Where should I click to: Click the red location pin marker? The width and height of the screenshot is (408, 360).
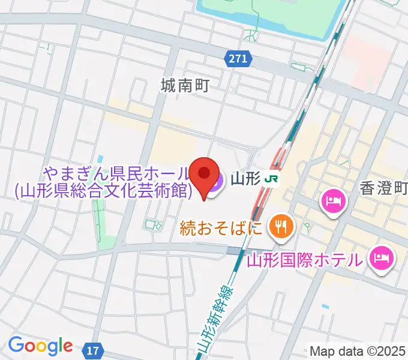[204, 174]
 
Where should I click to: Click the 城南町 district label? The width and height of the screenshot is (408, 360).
[185, 86]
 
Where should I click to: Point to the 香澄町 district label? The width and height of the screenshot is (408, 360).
[384, 189]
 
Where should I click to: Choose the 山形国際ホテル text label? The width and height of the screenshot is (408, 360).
[305, 260]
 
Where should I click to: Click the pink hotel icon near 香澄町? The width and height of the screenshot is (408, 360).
[332, 200]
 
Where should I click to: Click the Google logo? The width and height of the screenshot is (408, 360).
[40, 346]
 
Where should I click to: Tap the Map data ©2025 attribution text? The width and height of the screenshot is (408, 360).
[358, 350]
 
